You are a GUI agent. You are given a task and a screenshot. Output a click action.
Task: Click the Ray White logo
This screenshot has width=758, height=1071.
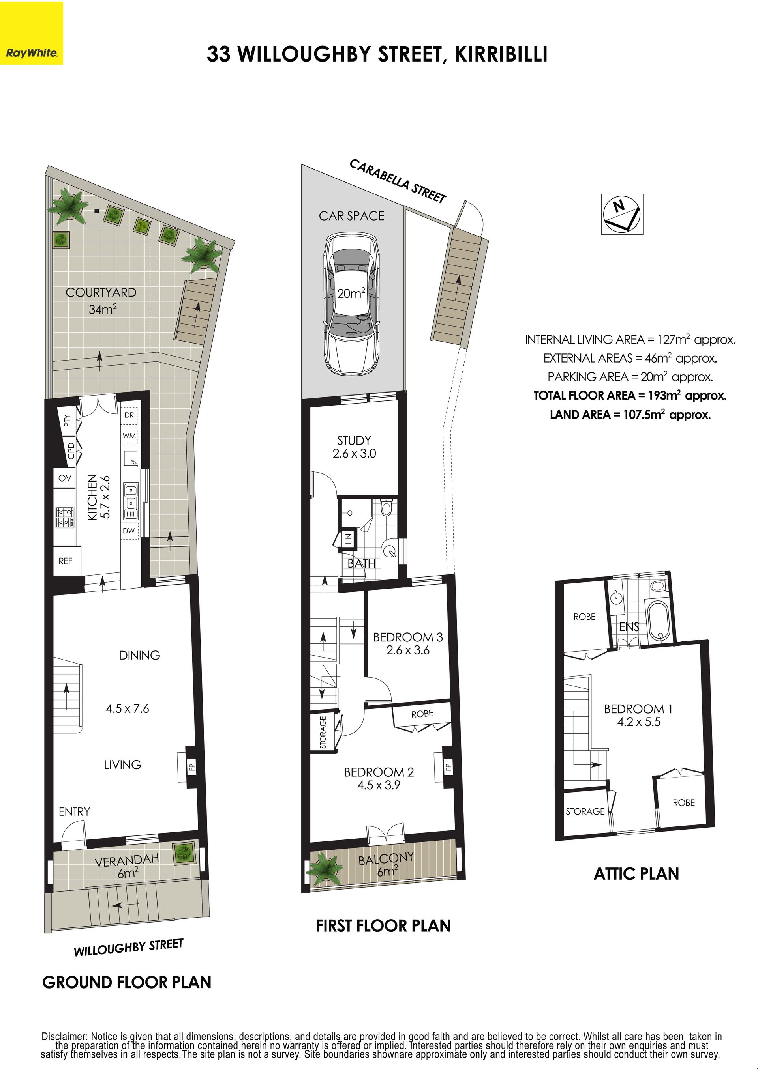[x=31, y=33]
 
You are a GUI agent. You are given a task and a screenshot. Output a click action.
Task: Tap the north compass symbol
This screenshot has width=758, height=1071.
[x=622, y=214]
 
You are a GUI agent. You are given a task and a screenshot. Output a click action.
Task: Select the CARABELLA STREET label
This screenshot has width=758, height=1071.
[x=398, y=181]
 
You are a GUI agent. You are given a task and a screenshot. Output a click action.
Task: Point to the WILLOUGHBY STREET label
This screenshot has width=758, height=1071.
[x=129, y=948]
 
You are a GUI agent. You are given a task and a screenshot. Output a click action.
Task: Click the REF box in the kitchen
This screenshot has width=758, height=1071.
[x=66, y=561]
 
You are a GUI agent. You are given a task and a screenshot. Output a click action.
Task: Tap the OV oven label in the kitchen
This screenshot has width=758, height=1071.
[x=65, y=478]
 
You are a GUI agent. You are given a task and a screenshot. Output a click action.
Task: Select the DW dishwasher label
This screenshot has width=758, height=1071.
[x=129, y=530]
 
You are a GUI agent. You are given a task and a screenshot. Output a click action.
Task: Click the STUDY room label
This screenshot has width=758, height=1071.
[x=354, y=440]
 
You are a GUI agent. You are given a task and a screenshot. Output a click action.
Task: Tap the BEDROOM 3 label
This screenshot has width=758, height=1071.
[x=408, y=637]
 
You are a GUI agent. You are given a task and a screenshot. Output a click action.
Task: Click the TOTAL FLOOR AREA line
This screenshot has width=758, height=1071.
[x=630, y=396]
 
